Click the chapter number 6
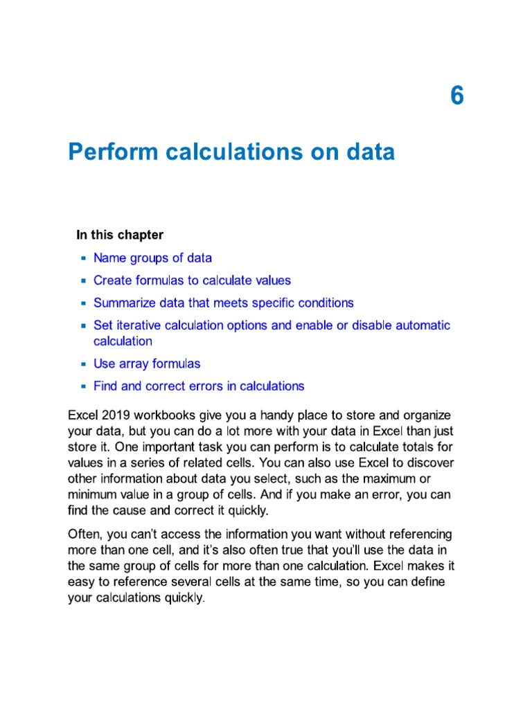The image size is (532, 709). [x=456, y=96]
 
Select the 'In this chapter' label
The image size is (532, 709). [x=120, y=235]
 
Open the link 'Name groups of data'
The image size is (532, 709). [x=152, y=258]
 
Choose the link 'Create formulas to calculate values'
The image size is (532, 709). [x=192, y=280]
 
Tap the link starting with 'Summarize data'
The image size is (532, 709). [x=223, y=303]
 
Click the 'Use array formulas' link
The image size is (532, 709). [x=147, y=364]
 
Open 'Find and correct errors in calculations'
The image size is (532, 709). [x=199, y=386]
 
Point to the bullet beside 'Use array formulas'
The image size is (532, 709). [x=83, y=364]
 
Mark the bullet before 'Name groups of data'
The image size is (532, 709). [x=83, y=258]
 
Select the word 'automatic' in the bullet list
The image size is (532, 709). [x=423, y=325]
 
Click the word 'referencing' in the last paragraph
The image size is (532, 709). [x=419, y=534]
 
